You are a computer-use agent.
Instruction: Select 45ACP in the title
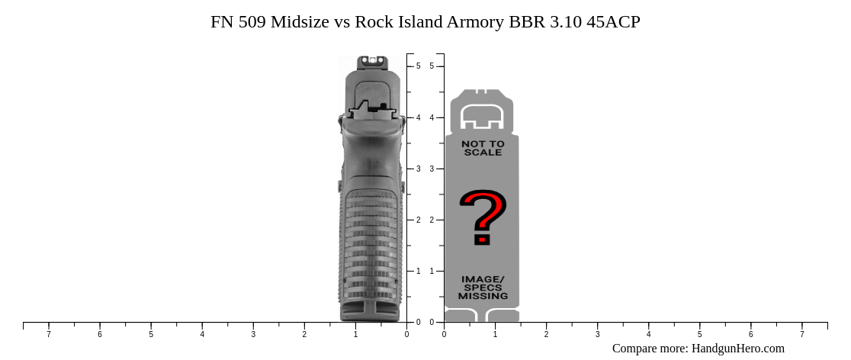tap(613, 21)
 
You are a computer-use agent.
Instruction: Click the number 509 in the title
tap(252, 21)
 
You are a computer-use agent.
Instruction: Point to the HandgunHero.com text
tap(737, 349)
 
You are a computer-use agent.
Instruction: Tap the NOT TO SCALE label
tap(483, 148)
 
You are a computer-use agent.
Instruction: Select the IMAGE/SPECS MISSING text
tap(483, 288)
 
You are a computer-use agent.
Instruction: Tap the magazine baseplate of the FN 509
tap(371, 310)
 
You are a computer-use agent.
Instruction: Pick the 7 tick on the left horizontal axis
tap(49, 323)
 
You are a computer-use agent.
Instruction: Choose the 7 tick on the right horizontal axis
tap(801, 323)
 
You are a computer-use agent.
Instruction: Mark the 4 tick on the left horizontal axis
tap(202, 323)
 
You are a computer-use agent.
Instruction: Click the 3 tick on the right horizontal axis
tap(597, 323)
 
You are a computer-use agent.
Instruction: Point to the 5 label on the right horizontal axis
tap(699, 334)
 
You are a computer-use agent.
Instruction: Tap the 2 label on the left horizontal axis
tap(304, 334)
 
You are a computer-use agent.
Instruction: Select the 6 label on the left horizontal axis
tap(100, 334)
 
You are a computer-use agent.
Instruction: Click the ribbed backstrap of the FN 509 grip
tap(371, 244)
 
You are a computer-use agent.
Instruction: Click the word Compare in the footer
tap(634, 349)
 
